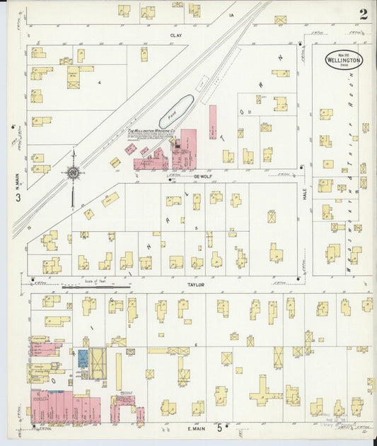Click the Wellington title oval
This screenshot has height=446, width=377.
pos(344,59)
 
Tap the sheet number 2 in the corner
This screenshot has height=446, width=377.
pos(363,13)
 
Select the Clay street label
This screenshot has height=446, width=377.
pos(175,35)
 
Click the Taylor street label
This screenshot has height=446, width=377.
pos(196,284)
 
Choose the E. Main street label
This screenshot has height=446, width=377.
pos(196,428)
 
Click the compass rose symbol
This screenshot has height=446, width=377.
pos(72,172)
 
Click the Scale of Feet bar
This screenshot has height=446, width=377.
pos(96,287)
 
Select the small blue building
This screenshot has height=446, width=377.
pos(82,358)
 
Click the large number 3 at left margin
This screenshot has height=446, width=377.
pos(18,197)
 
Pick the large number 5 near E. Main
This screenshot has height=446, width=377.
pos(219,428)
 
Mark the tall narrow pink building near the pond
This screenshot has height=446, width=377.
pos(212,122)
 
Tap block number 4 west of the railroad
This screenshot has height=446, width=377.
pos(100,83)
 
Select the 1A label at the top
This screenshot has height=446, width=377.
pos(231,14)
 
